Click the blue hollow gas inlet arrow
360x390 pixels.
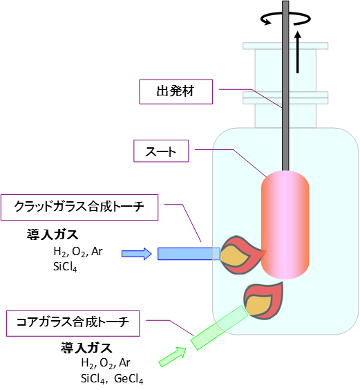click(137, 254)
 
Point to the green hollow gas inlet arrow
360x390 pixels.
click(173, 357)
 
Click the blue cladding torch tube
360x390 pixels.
click(189, 254)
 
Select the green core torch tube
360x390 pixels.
click(220, 328)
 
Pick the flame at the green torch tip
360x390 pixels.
click(263, 301)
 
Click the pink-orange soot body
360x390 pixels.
click(285, 225)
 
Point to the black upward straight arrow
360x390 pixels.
click(298, 52)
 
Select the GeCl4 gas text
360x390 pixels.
click(129, 379)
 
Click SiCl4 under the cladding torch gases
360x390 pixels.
click(65, 267)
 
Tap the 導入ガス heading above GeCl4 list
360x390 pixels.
click(86, 348)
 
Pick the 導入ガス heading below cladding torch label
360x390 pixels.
click(53, 234)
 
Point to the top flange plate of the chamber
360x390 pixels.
click(285, 46)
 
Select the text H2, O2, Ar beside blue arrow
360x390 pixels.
click(78, 252)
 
